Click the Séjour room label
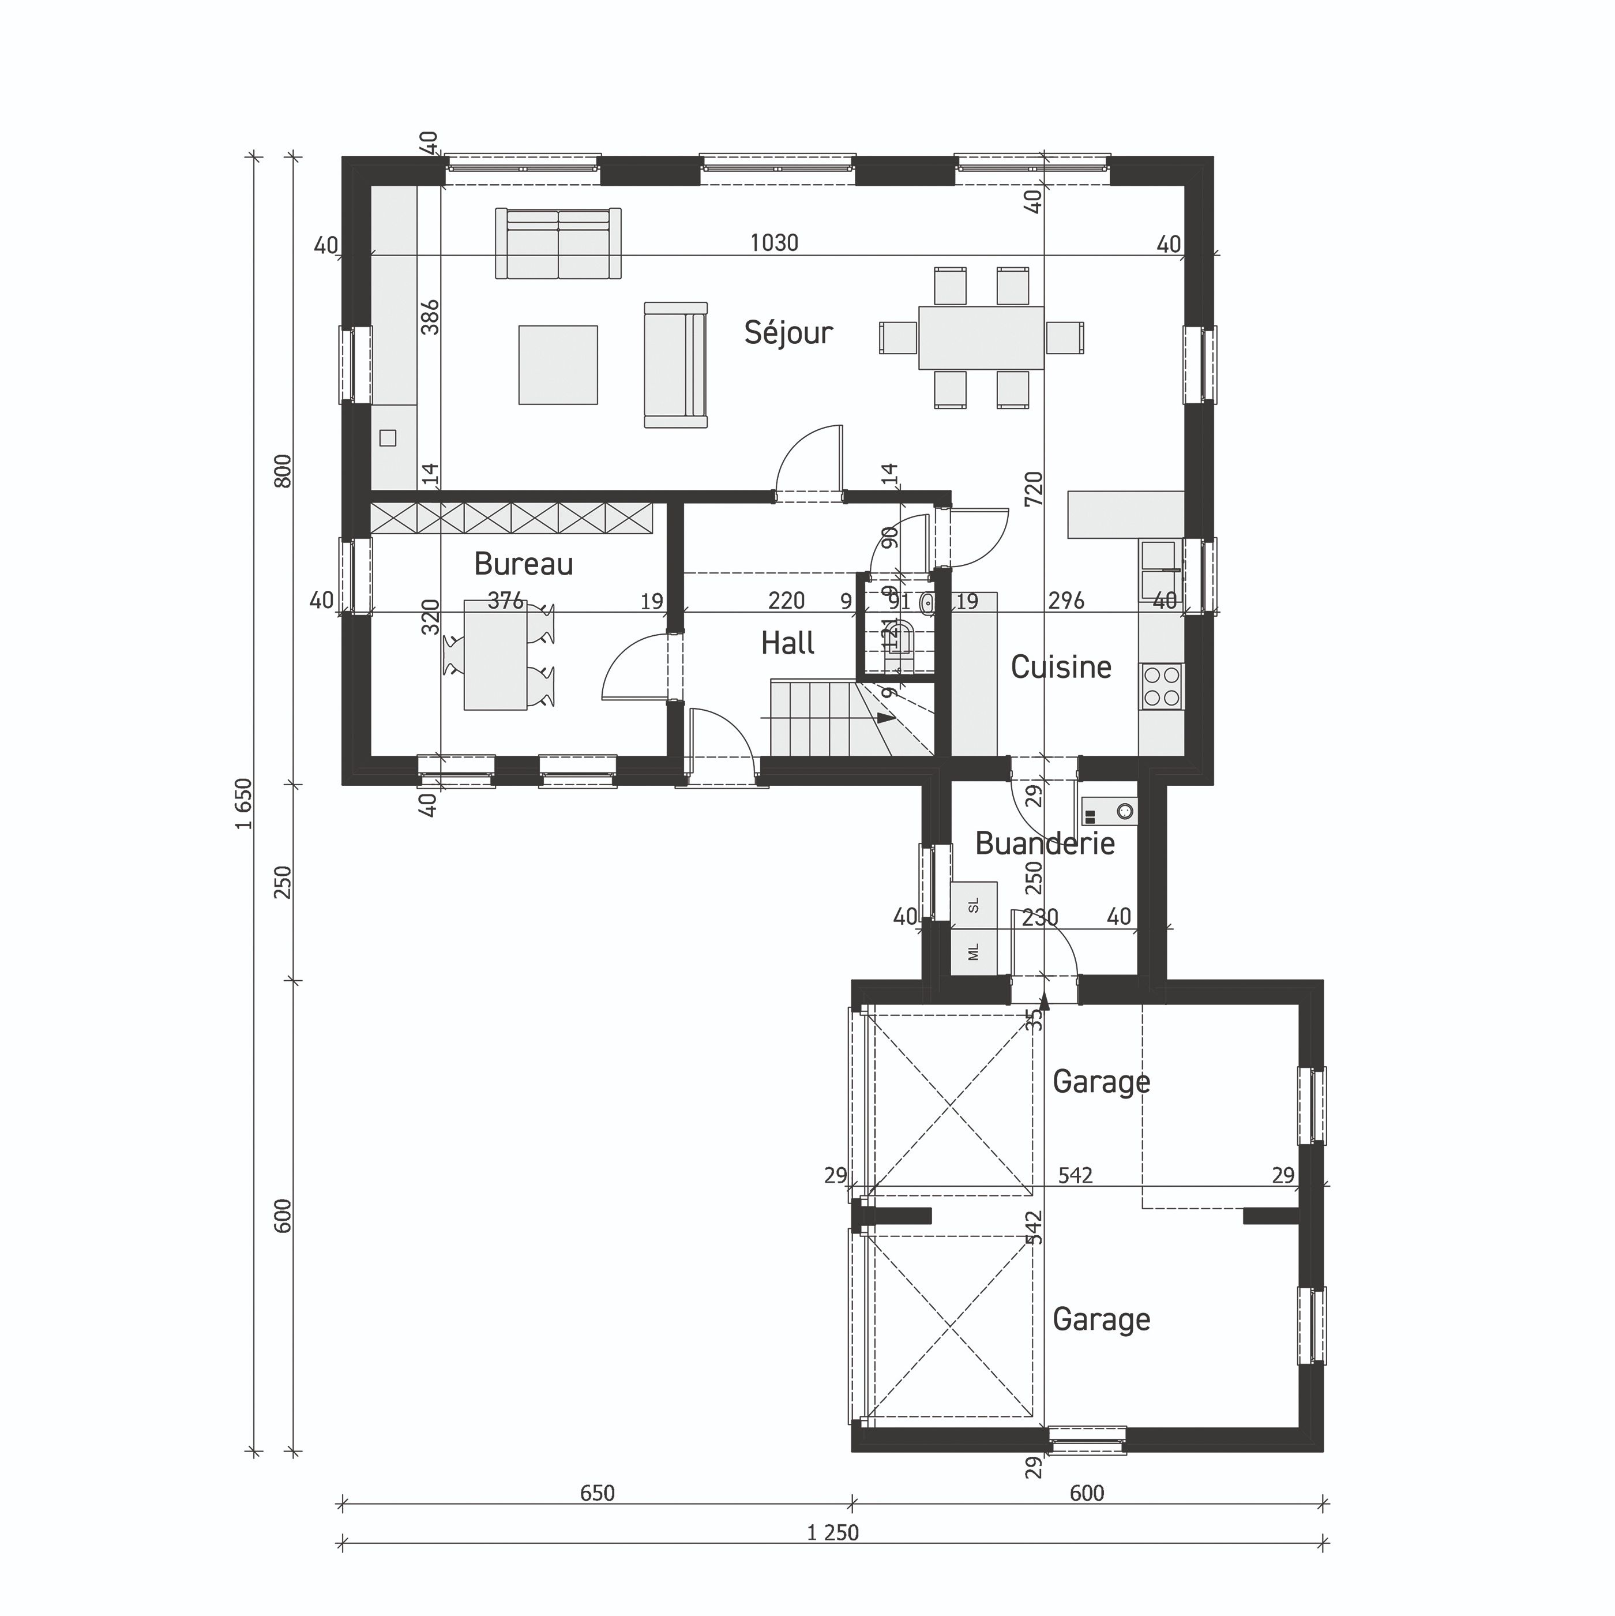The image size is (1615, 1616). pos(788,333)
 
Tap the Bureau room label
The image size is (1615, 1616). pos(524,565)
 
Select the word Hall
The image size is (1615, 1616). pos(788,643)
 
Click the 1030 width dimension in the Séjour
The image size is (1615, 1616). pos(773,243)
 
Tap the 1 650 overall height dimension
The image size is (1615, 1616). pos(243,803)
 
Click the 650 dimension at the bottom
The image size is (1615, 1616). pos(597,1493)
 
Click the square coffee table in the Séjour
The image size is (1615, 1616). pos(558,365)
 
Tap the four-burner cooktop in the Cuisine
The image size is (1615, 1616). pos(1162,687)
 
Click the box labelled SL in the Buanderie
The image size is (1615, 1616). pos(974,905)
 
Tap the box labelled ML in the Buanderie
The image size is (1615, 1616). pos(974,952)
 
